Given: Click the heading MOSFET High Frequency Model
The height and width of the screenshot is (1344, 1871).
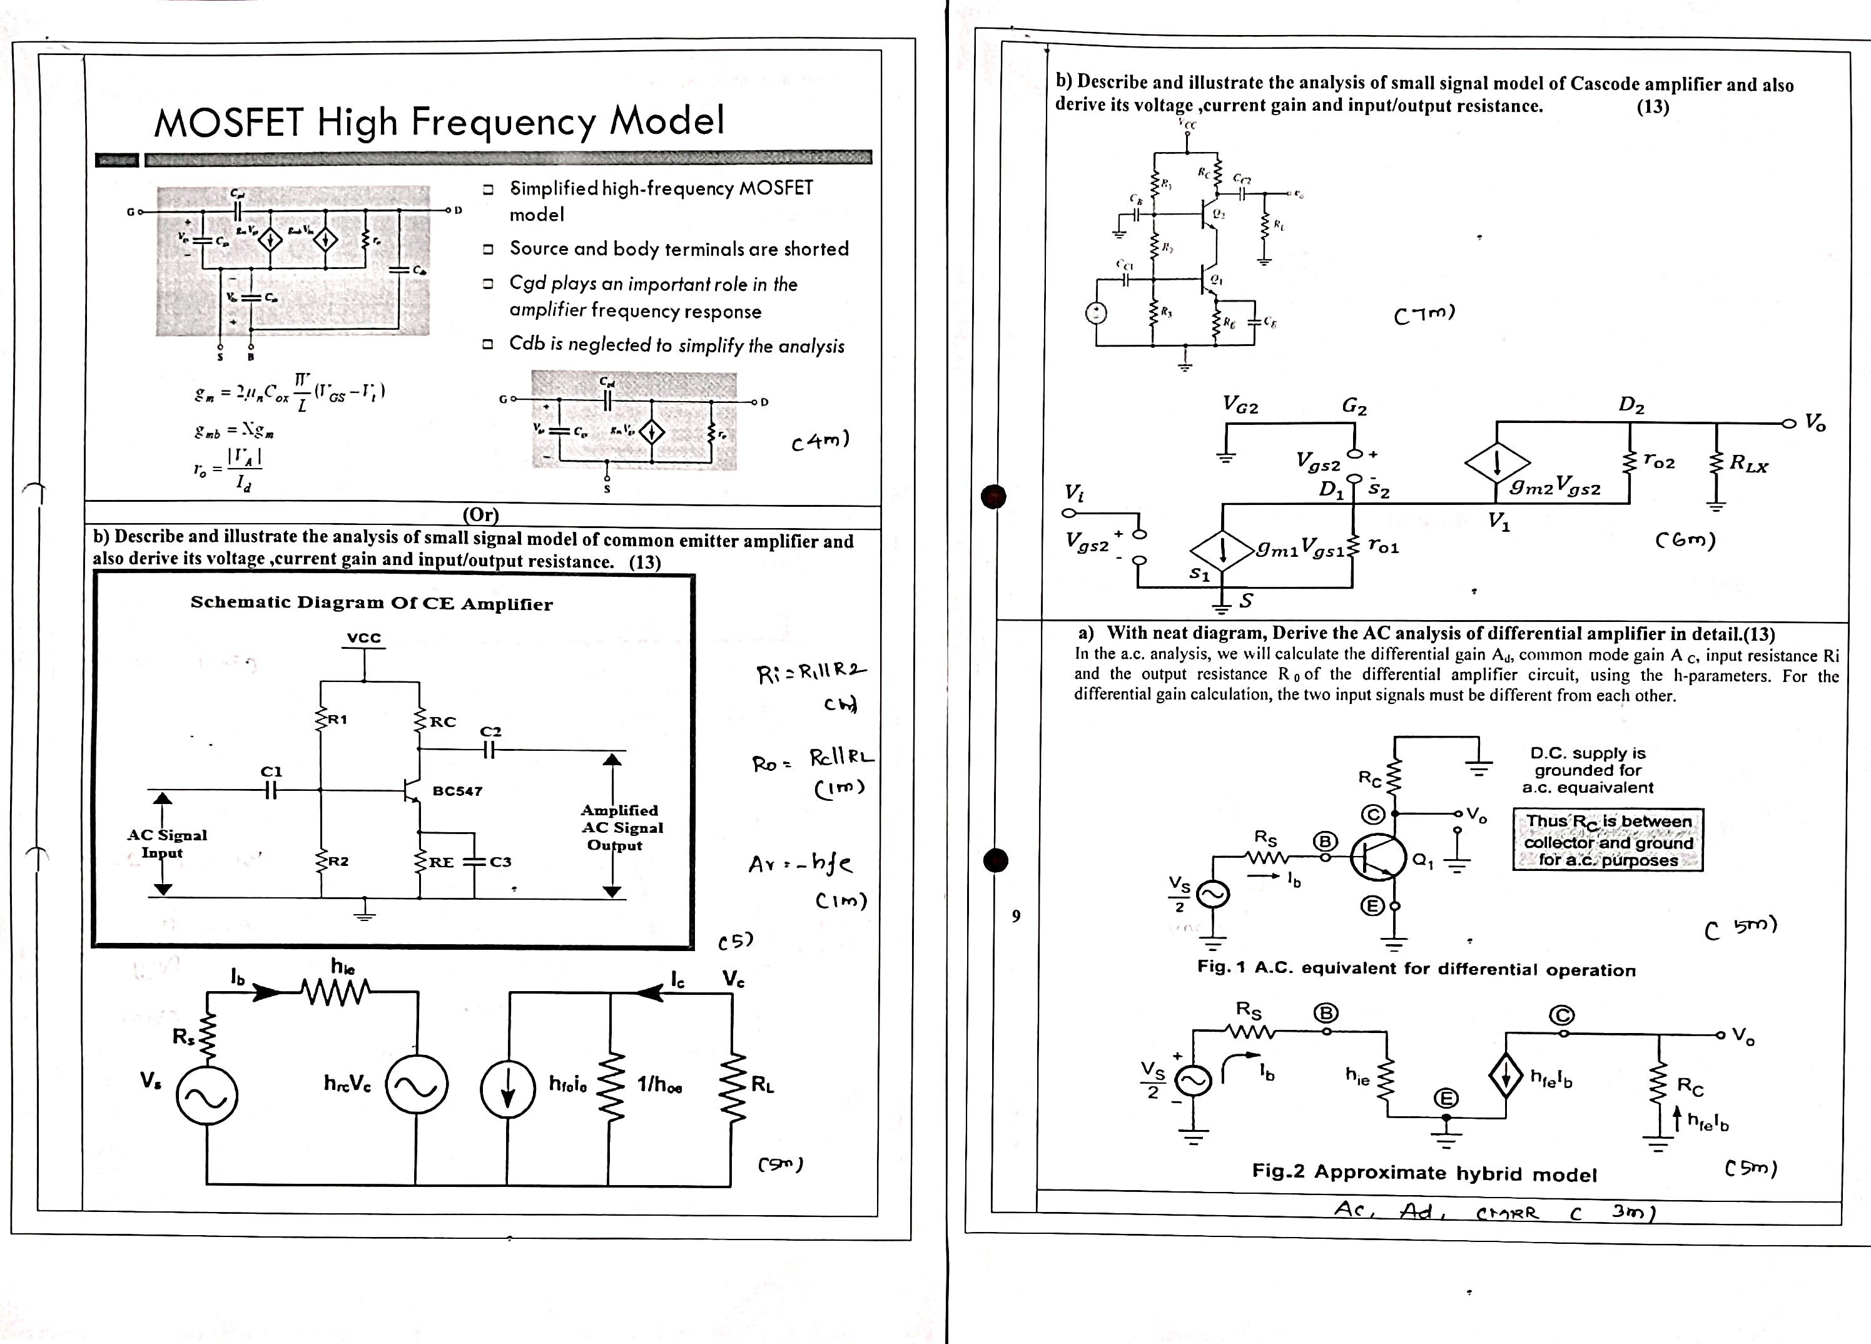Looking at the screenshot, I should point(439,121).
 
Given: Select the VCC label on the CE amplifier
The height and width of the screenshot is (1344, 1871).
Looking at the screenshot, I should point(364,638).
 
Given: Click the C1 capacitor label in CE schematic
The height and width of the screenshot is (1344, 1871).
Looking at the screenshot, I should point(271,771).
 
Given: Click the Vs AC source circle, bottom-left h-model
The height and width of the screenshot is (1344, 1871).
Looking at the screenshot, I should point(207,1096).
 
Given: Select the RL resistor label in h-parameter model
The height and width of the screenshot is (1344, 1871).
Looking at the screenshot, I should point(763,1085).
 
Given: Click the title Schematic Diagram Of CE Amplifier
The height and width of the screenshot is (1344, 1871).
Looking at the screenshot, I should point(371,603).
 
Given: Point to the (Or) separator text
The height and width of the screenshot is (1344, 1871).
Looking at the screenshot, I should point(481,516).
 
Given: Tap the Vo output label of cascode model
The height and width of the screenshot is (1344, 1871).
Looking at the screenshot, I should point(1815,422).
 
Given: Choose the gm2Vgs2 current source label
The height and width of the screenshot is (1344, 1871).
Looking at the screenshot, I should point(1555,489).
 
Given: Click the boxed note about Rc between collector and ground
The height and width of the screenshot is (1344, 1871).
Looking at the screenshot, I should point(1608,840).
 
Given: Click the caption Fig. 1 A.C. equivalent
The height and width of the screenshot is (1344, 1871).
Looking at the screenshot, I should point(1416,969).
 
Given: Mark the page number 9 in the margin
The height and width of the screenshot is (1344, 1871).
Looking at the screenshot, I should point(1017,916).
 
